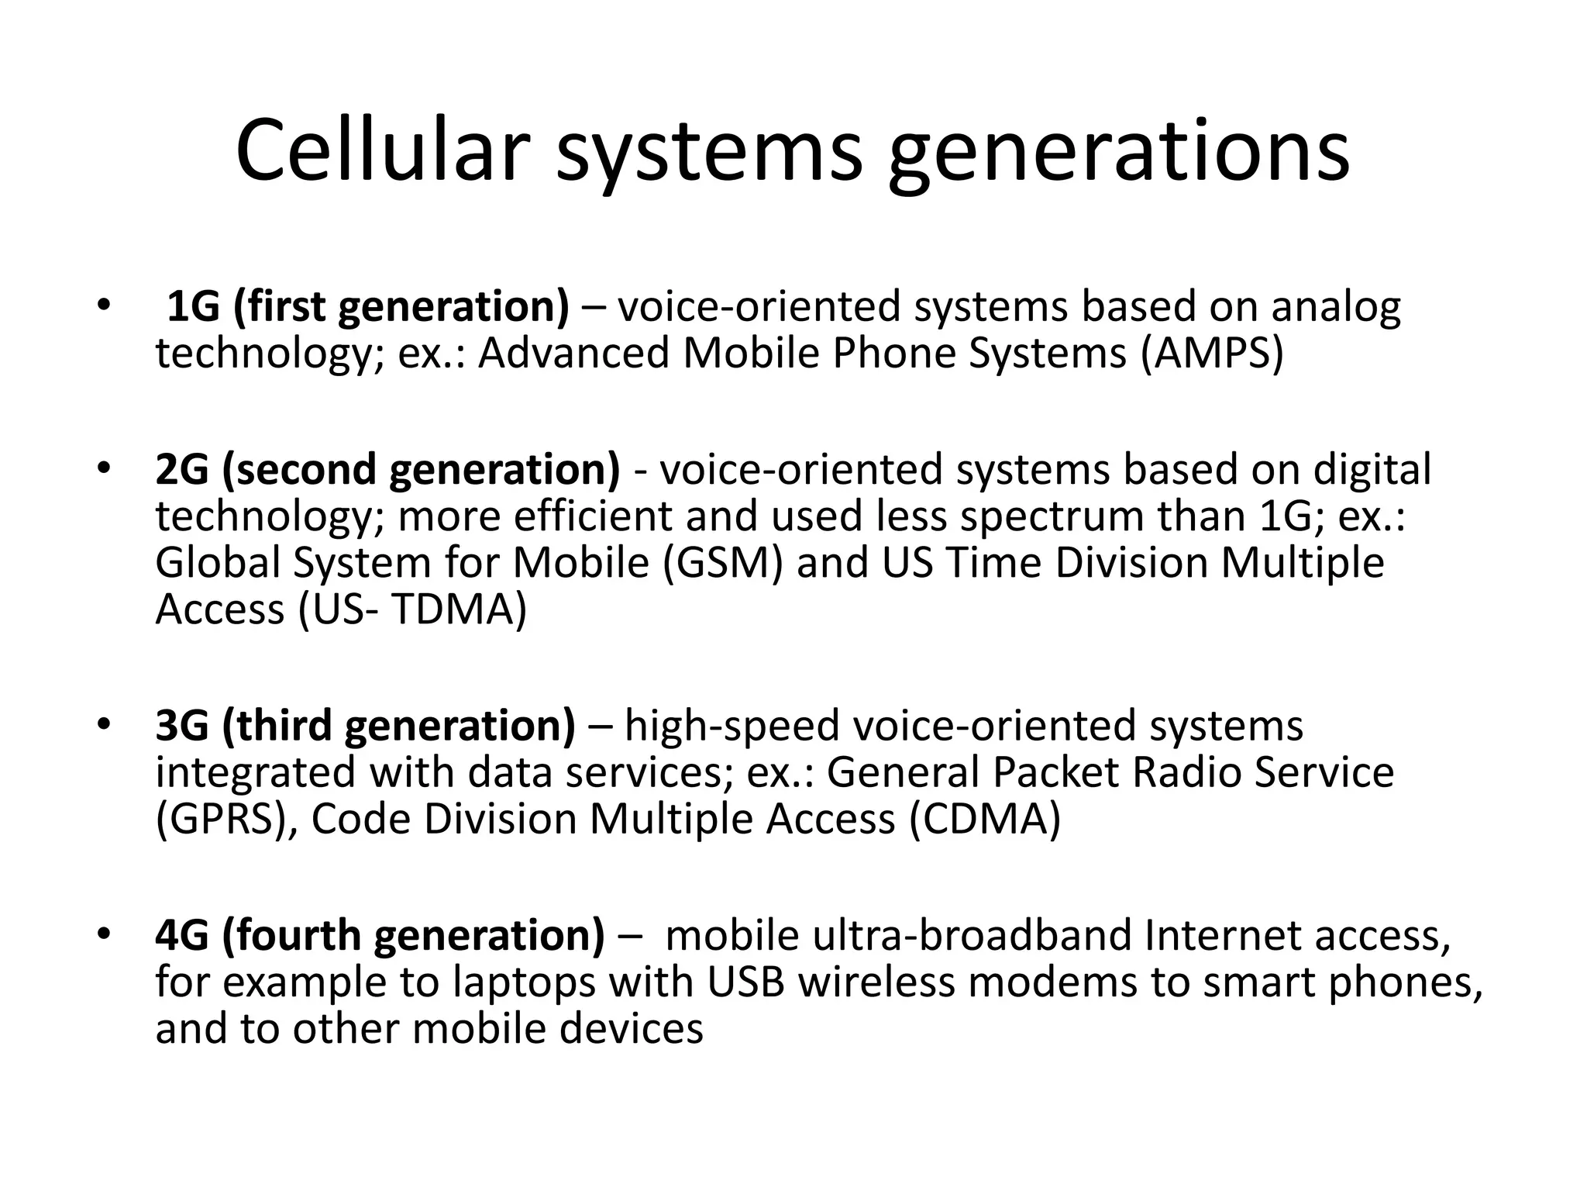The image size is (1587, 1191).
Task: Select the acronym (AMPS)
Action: (x=1212, y=353)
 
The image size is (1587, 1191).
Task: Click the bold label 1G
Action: (x=193, y=306)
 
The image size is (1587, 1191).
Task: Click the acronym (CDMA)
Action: (x=984, y=819)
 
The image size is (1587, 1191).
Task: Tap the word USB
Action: (x=745, y=982)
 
